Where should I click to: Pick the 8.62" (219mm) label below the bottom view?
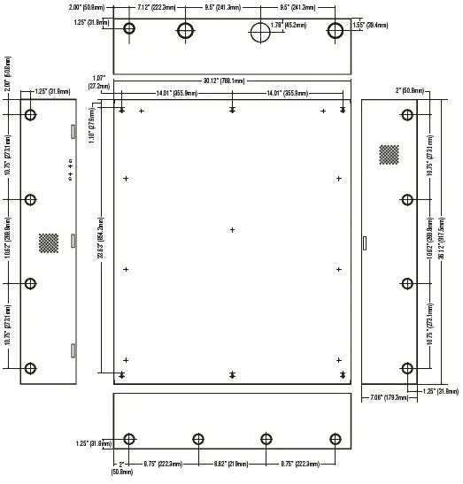[x=230, y=463]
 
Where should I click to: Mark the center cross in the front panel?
[x=232, y=230]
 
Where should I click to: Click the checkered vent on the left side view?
[x=49, y=241]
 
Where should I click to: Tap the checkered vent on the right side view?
[x=389, y=154]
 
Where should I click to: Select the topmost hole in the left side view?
[x=31, y=115]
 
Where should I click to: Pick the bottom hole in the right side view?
[x=407, y=369]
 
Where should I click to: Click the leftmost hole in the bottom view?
[x=130, y=439]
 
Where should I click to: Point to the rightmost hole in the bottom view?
[x=336, y=439]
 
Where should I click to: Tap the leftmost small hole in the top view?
[x=130, y=28]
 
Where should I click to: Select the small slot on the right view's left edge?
[x=364, y=241]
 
